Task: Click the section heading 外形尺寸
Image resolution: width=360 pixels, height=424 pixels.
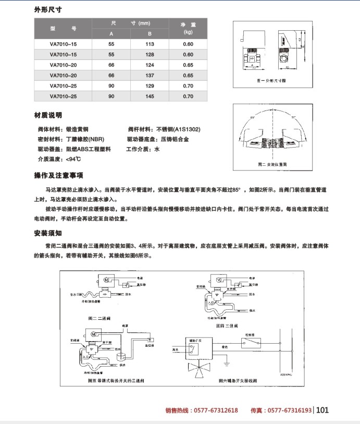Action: point(50,10)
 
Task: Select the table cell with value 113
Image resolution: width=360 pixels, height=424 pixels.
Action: point(150,44)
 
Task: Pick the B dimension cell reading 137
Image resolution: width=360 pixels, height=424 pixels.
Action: point(150,76)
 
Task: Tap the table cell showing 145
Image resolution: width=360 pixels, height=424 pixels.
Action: point(150,96)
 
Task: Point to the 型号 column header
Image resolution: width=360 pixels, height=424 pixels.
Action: point(63,29)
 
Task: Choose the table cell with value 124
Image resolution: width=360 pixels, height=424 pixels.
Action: point(150,65)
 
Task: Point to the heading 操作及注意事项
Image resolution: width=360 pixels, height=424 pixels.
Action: point(58,175)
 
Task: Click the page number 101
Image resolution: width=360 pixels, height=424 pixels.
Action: point(322,410)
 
